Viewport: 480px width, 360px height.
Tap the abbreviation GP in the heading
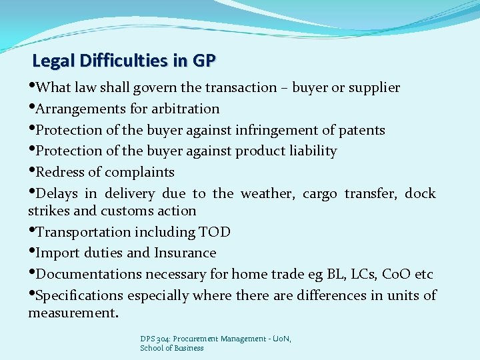coord(203,62)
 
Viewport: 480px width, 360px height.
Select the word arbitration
coord(186,109)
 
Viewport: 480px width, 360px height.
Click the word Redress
coord(59,172)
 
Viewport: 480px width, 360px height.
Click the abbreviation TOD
coord(215,232)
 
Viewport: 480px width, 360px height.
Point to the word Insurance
coord(185,253)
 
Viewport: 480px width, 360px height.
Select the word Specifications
coord(80,295)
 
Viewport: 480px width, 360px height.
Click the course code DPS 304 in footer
coord(155,339)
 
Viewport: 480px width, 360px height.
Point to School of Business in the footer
coord(171,348)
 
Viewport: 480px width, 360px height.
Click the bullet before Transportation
coord(32,231)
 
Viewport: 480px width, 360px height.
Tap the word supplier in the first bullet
coord(373,88)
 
